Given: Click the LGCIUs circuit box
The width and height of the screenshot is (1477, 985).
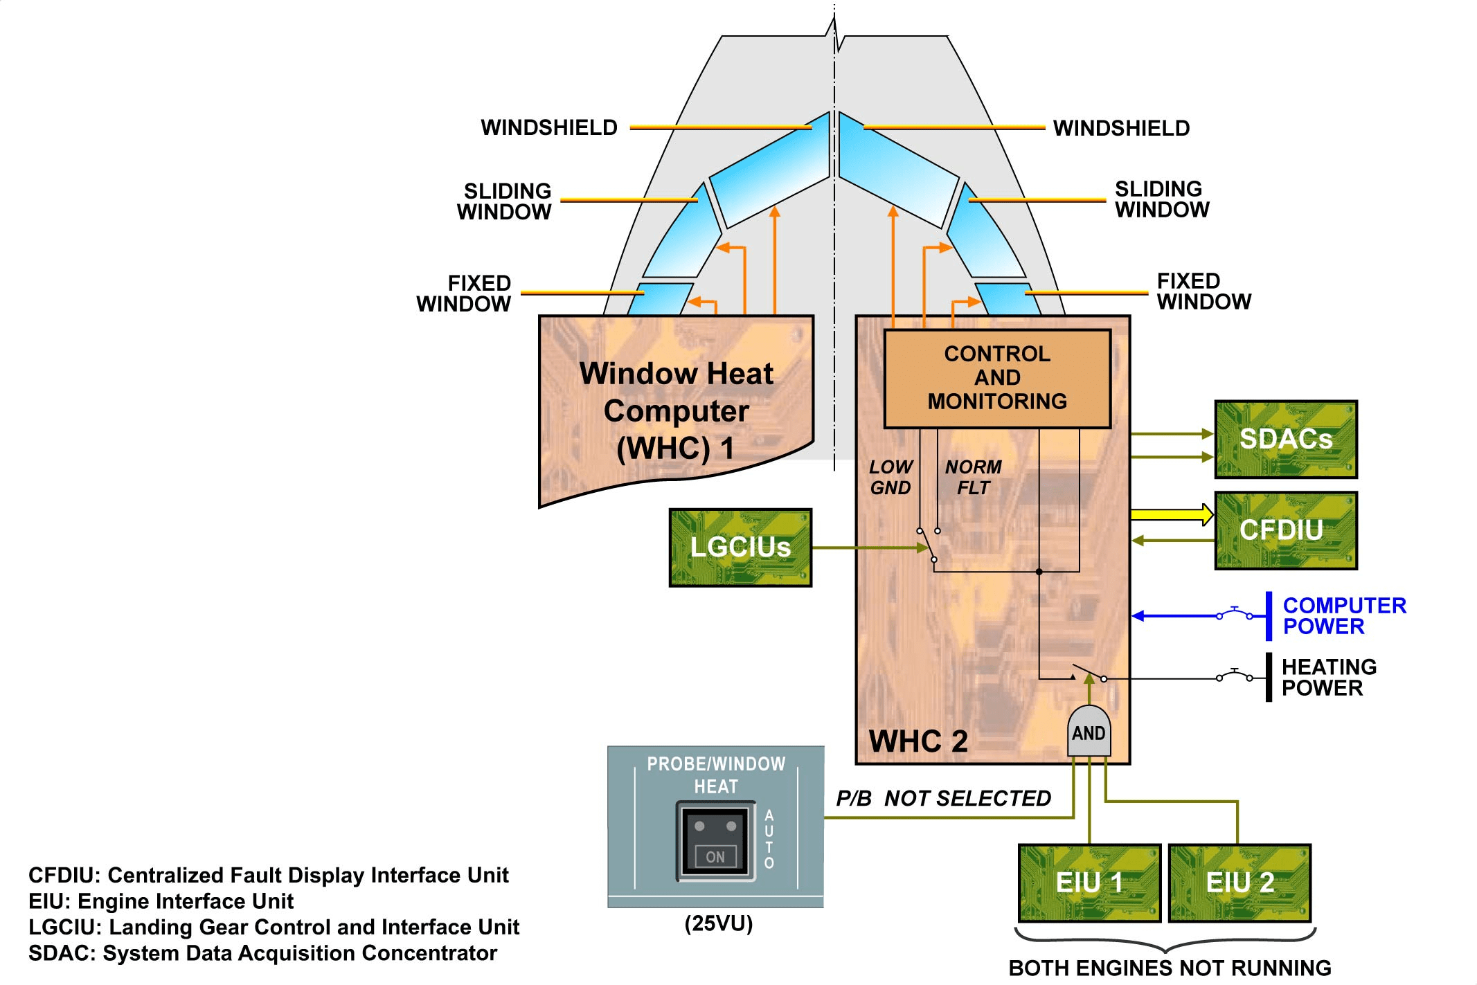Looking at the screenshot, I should coord(740,548).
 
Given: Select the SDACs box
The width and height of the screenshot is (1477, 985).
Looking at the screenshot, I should coord(1286,440).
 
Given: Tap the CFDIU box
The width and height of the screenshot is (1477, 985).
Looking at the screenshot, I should coord(1286,531).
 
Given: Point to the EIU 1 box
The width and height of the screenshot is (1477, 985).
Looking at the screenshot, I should coord(1089,883).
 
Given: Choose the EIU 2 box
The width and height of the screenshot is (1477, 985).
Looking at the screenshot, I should coord(1239,883).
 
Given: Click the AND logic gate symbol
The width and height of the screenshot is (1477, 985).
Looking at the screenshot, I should coord(1089,732).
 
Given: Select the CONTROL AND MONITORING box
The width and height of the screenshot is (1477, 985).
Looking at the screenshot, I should coord(997,378).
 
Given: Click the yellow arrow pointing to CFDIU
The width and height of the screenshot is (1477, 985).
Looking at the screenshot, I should coord(1171,514).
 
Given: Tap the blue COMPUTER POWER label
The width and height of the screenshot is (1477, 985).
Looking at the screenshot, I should coord(1343,615).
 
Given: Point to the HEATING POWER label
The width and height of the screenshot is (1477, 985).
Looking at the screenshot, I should coord(1328,677).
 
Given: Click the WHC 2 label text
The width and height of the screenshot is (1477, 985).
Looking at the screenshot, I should coord(918,741).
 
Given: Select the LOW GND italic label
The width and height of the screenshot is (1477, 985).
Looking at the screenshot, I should coord(890,478).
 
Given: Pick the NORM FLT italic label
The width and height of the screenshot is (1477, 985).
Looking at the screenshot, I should coord(973,478).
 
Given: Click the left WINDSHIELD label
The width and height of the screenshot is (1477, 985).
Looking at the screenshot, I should coord(549,128).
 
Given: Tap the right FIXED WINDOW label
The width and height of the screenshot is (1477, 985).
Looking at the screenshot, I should coord(1203,291).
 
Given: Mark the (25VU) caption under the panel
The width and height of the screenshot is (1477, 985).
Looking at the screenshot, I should coord(718,923).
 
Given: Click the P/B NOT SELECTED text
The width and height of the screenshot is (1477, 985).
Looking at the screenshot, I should coord(943,799).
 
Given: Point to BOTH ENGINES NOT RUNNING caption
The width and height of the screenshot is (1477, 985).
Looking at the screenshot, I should coord(1170,968).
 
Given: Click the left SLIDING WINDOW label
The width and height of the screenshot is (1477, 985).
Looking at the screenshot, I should coord(505,201).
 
